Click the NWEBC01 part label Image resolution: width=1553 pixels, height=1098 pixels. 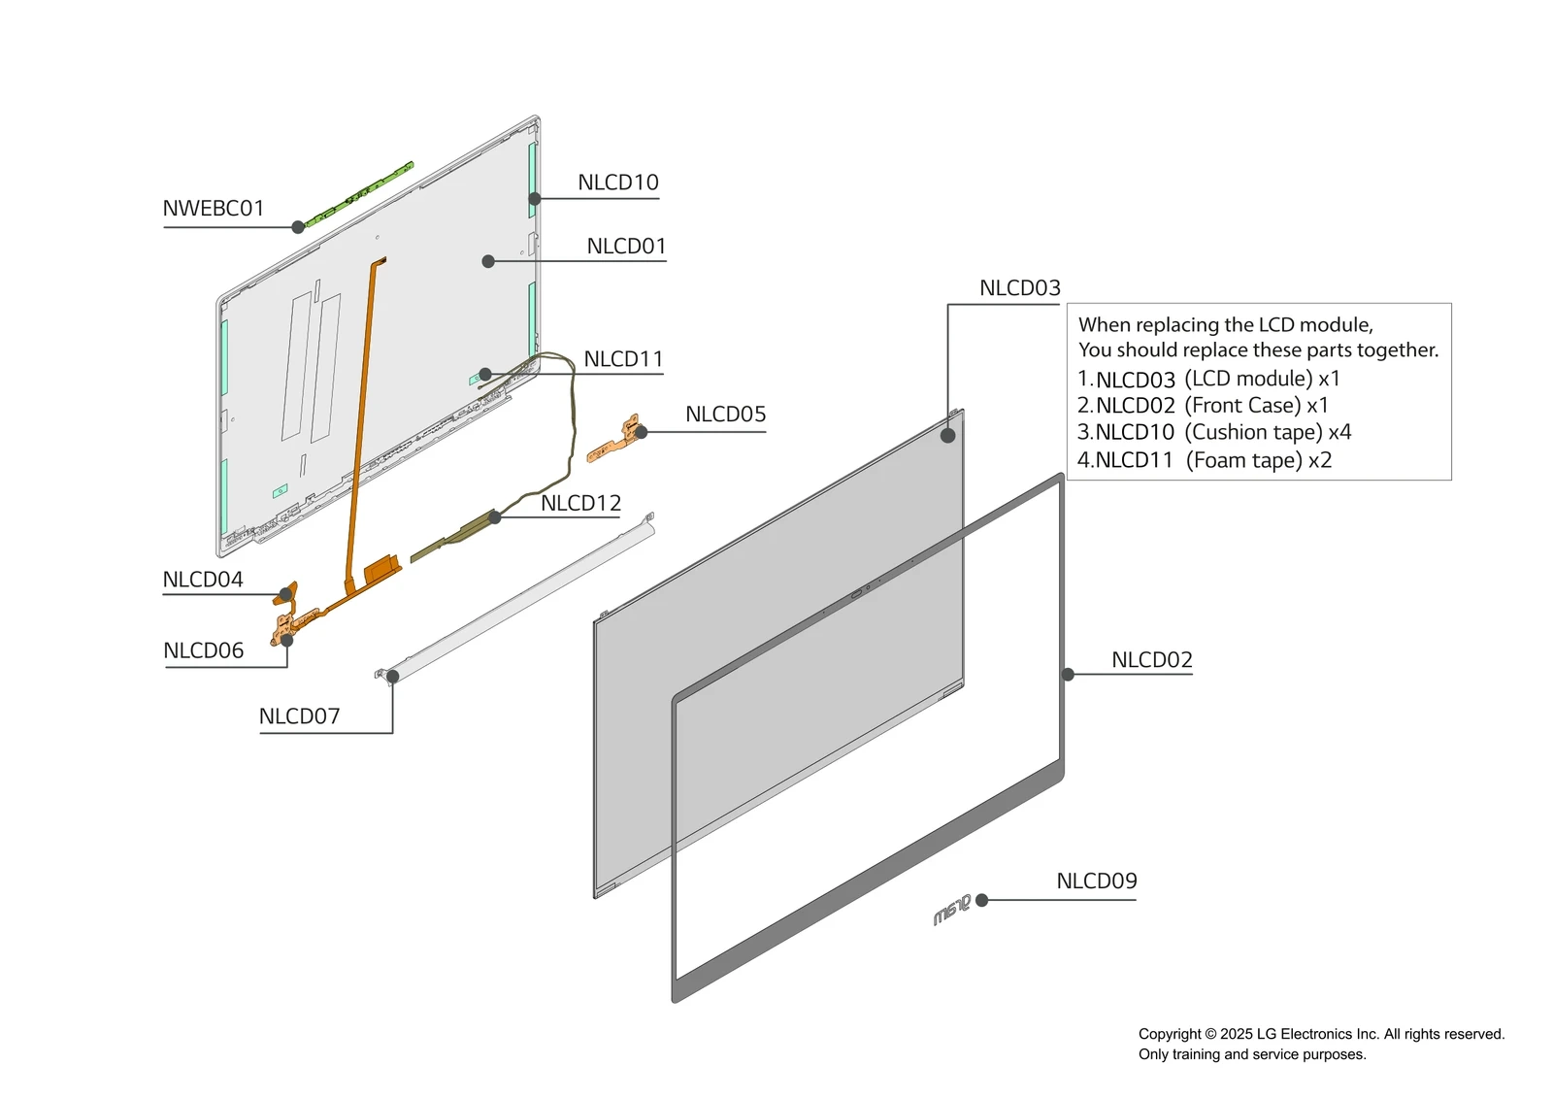(x=213, y=209)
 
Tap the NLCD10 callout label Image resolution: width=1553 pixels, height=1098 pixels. (x=617, y=183)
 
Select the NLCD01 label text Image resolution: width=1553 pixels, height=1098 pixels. (x=626, y=247)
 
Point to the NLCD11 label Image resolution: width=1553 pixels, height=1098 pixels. (x=623, y=359)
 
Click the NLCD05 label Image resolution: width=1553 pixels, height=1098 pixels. (x=725, y=415)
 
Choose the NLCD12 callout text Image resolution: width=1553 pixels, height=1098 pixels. (x=580, y=503)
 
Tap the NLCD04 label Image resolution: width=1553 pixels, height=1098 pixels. (x=203, y=580)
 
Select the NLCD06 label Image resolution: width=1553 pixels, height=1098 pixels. (x=204, y=650)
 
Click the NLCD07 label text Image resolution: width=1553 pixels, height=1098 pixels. (x=299, y=716)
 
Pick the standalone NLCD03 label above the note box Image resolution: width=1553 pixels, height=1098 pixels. (x=1019, y=288)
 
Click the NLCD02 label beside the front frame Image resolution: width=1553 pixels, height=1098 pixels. (x=1151, y=660)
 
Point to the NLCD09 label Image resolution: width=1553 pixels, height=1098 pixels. (x=1096, y=882)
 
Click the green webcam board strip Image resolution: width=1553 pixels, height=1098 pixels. (x=360, y=194)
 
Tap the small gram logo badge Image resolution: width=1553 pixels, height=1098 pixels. (x=951, y=911)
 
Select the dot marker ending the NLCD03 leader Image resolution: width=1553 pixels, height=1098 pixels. (x=947, y=436)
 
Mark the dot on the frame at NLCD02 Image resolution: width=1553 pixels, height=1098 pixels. (x=1068, y=674)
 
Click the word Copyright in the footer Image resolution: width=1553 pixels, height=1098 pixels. (x=1169, y=1034)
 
